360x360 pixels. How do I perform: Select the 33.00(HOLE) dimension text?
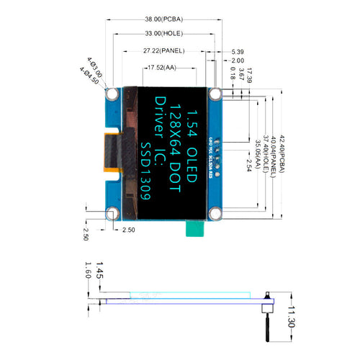point(165,35)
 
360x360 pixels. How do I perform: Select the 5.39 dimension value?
point(238,52)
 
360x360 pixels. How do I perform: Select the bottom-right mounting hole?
point(215,212)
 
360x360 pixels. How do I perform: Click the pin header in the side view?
point(267,317)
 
